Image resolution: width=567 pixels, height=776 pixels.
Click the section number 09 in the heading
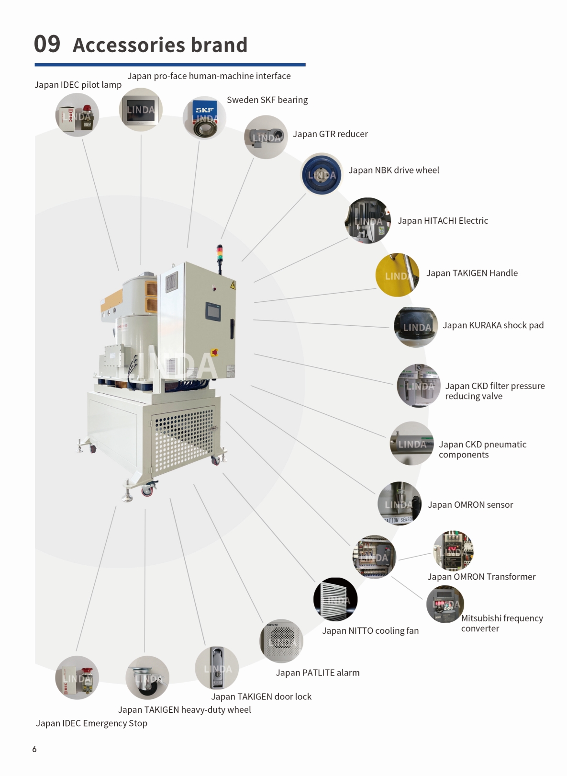pyautogui.click(x=47, y=44)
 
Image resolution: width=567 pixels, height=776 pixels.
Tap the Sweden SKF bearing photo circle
pyautogui.click(x=204, y=117)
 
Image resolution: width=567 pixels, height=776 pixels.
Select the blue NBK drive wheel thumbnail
pyautogui.click(x=322, y=175)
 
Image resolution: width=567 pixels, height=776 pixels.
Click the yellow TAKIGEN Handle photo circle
pyautogui.click(x=397, y=275)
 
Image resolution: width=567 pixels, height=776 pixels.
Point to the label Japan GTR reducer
pyautogui.click(x=330, y=134)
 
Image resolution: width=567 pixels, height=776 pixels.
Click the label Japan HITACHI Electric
pyautogui.click(x=443, y=221)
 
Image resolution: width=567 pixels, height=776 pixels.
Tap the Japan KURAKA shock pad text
pyautogui.click(x=493, y=325)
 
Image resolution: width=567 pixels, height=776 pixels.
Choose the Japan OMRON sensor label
pyautogui.click(x=470, y=505)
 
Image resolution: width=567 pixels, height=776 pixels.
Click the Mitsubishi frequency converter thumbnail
pyautogui.click(x=445, y=604)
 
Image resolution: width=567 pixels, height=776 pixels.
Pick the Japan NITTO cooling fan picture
pyautogui.click(x=335, y=599)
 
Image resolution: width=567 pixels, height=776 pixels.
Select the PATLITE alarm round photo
pyautogui.click(x=281, y=641)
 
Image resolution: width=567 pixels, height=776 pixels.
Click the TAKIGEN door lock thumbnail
pyautogui.click(x=217, y=668)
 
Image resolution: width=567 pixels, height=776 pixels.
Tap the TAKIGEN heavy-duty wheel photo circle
pyautogui.click(x=147, y=678)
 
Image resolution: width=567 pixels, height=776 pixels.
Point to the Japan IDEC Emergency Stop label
pyautogui.click(x=91, y=723)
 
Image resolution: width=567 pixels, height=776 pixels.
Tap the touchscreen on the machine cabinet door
pyautogui.click(x=213, y=311)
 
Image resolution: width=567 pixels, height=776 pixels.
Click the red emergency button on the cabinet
pyautogui.click(x=214, y=352)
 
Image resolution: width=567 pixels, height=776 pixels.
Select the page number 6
pyautogui.click(x=34, y=749)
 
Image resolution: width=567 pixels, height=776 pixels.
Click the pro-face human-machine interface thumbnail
pyautogui.click(x=141, y=110)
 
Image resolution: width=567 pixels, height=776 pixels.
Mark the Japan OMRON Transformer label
pyautogui.click(x=481, y=577)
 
